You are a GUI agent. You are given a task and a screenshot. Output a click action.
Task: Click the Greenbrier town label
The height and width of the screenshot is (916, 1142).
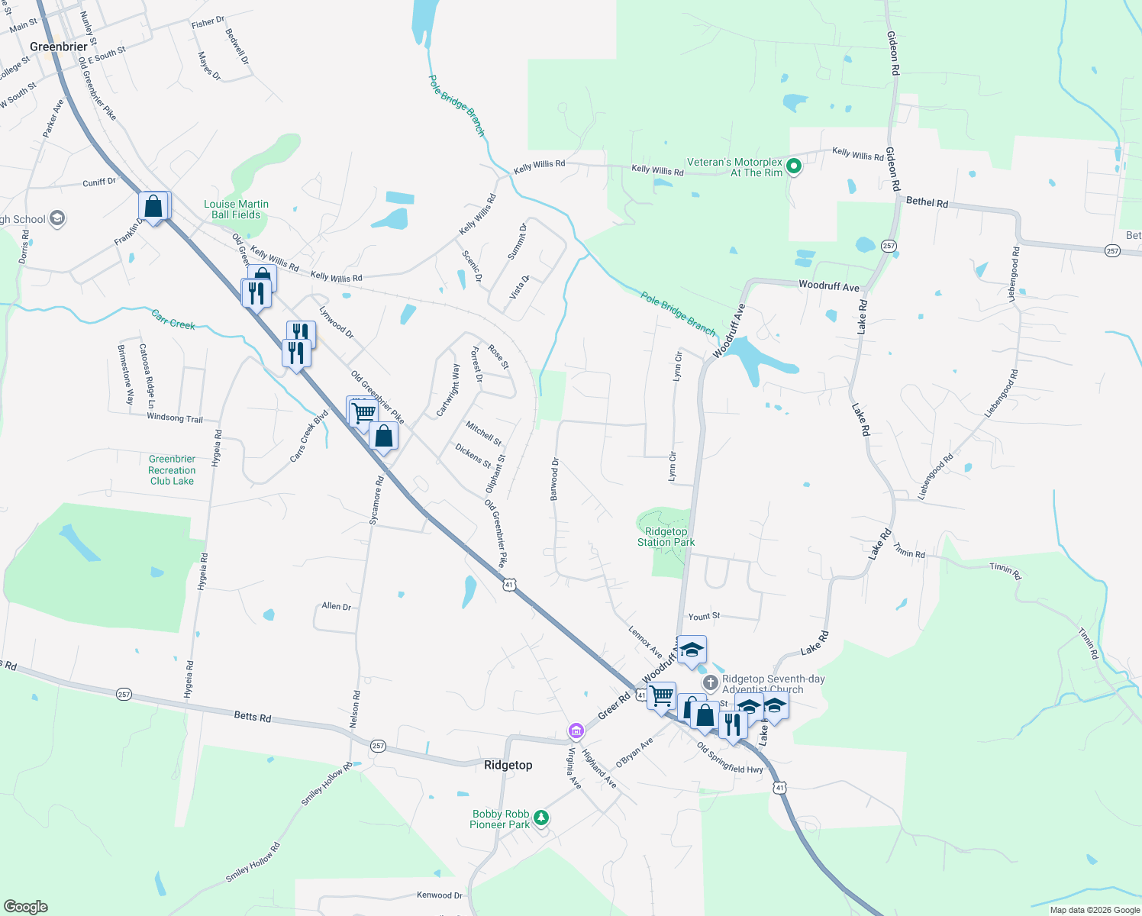tap(59, 47)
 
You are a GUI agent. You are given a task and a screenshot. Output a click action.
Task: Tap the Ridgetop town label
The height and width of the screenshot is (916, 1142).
tap(508, 765)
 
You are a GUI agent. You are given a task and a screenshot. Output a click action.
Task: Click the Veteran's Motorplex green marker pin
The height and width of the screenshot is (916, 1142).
tap(794, 166)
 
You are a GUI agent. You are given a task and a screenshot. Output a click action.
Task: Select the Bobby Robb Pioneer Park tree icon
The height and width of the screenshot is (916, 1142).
tap(541, 818)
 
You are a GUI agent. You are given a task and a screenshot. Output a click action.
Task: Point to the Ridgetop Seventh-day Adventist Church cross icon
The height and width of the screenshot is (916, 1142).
tap(710, 682)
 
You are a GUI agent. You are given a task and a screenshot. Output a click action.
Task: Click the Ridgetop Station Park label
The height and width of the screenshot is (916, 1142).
tap(666, 537)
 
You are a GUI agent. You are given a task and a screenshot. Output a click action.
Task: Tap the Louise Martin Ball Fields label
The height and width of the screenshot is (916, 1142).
tap(236, 209)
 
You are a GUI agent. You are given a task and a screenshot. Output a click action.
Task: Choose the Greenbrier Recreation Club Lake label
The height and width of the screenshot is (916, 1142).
tap(172, 469)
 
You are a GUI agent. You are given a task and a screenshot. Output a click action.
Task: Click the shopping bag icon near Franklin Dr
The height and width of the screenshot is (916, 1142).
tap(153, 206)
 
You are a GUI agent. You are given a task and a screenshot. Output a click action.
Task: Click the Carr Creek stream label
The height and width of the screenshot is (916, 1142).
tap(173, 320)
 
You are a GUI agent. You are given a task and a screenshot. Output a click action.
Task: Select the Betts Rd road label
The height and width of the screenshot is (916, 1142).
tap(253, 717)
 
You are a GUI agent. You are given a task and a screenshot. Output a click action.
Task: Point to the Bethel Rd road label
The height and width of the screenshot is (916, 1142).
tap(927, 202)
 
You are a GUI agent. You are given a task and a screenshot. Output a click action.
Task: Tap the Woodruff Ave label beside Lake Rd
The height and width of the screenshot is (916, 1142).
tap(828, 286)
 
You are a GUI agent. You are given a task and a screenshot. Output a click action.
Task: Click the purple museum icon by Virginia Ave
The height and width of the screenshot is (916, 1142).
tap(576, 732)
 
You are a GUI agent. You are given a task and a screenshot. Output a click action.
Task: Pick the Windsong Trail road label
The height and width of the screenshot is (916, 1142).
tap(175, 418)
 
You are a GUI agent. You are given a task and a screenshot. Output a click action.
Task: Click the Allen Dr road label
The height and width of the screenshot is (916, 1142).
tap(337, 606)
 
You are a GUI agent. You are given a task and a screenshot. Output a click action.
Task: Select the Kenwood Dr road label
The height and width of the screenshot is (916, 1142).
tap(440, 895)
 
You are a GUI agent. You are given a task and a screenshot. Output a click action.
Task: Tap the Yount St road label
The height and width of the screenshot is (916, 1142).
tap(704, 616)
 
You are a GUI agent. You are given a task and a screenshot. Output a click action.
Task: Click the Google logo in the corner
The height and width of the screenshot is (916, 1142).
tap(26, 906)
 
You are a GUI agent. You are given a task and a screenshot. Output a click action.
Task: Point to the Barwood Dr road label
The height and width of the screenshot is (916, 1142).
tap(555, 479)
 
